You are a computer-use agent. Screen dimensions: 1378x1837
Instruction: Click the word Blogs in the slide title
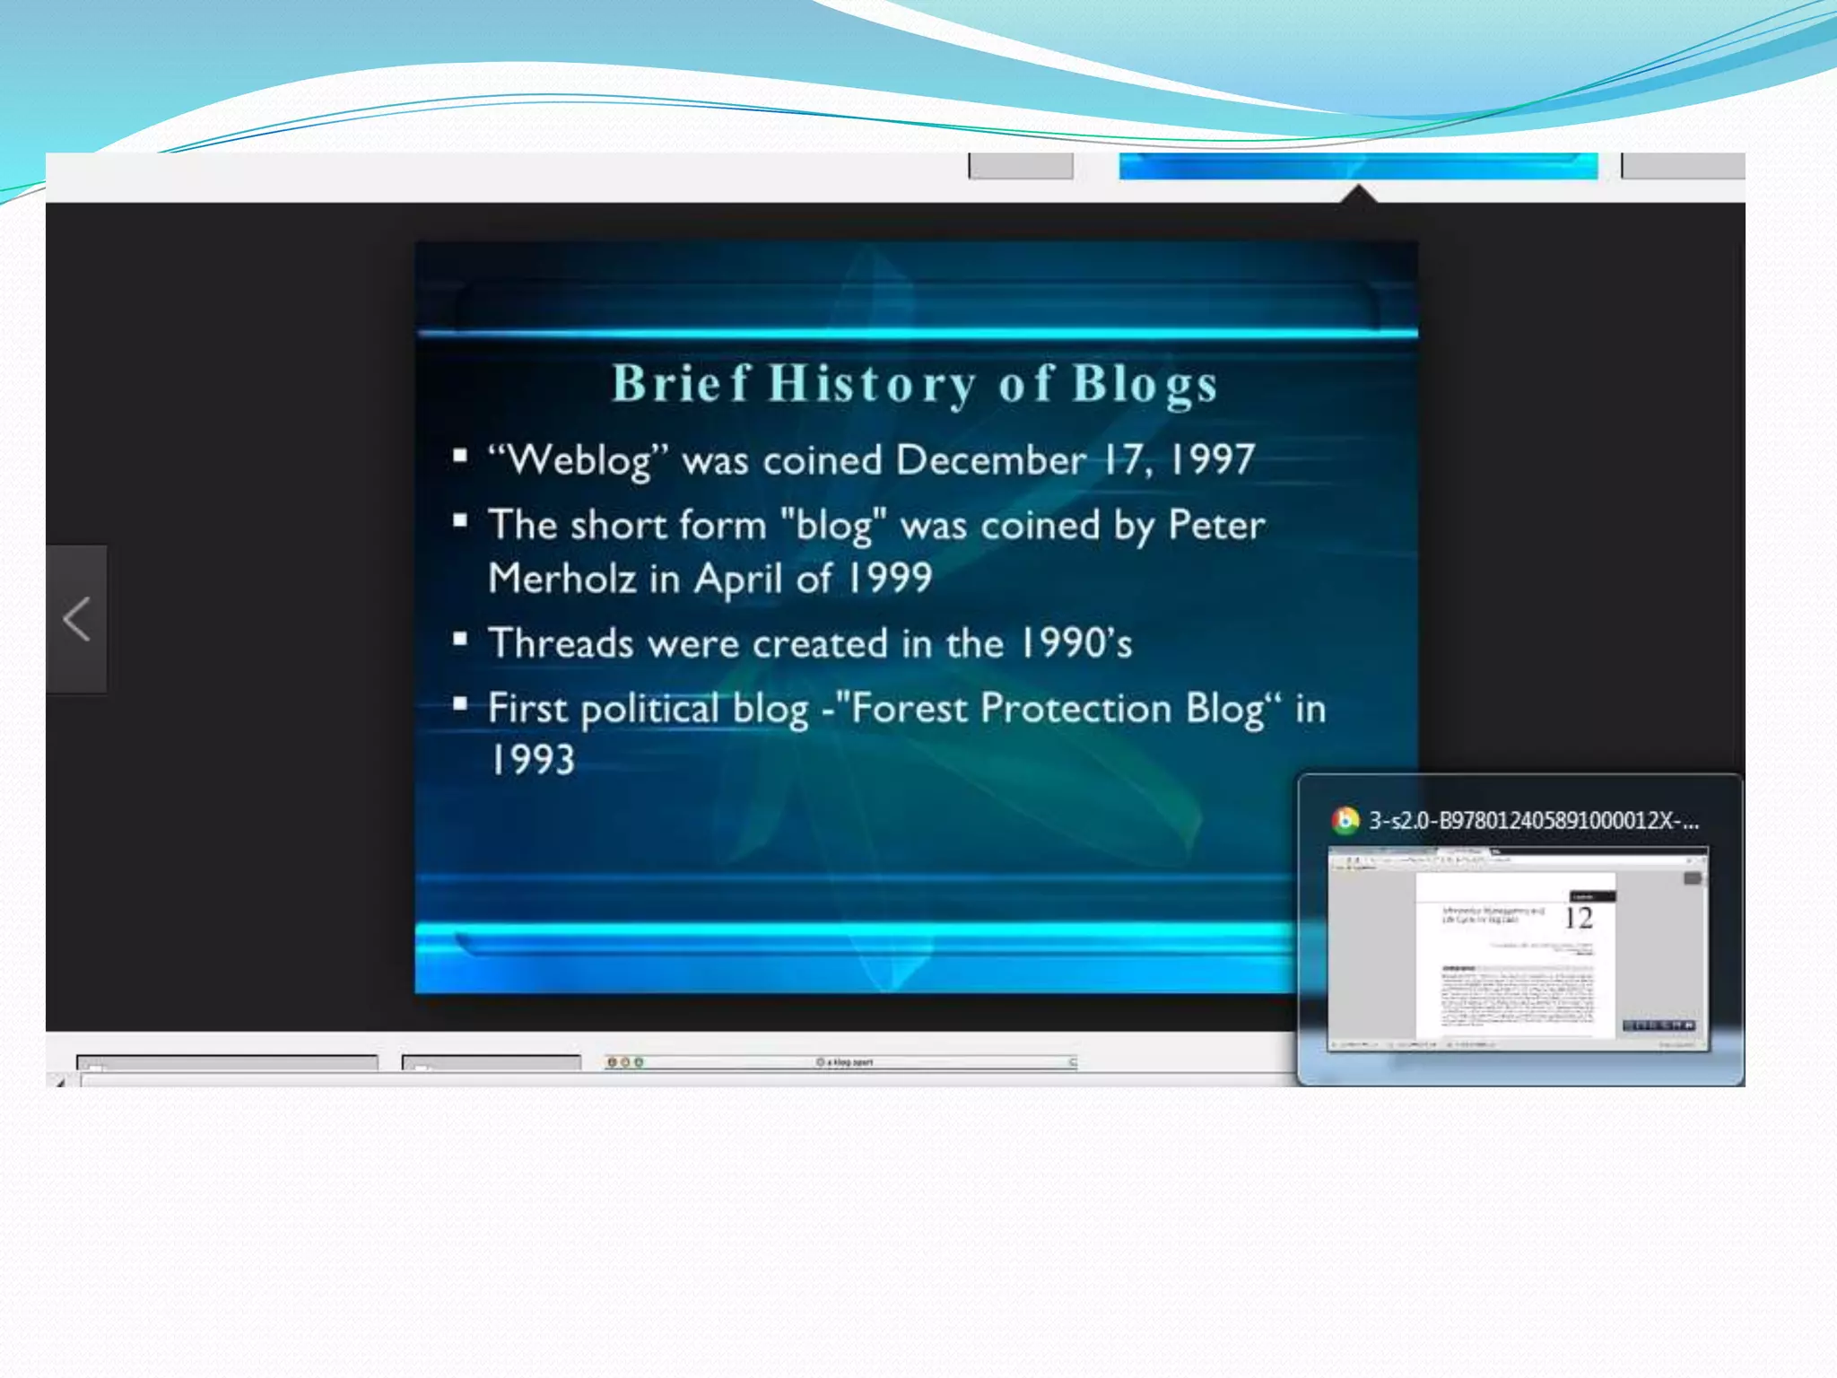[1145, 384]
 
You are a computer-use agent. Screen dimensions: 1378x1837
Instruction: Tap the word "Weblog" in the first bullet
[579, 460]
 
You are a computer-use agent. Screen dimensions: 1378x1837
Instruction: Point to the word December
[991, 460]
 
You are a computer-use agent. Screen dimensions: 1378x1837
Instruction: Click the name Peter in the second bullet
[1216, 525]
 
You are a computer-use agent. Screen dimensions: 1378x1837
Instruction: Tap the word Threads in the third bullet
[561, 644]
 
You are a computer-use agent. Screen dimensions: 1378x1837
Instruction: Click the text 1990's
[1076, 644]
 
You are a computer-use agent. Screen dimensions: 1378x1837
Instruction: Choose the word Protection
[1075, 709]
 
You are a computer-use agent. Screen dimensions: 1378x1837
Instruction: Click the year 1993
[532, 761]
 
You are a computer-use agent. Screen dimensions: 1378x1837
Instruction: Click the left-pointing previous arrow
[77, 619]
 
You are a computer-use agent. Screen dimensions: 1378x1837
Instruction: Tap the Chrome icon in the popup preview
[1345, 820]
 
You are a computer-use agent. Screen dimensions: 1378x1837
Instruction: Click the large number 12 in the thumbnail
[1578, 919]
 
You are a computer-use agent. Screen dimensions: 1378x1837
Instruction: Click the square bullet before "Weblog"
[460, 456]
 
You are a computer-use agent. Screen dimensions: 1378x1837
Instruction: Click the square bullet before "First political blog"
[460, 704]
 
